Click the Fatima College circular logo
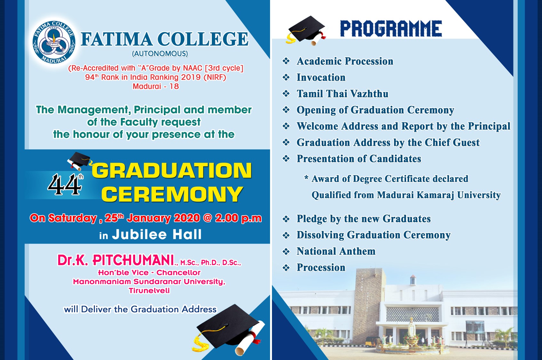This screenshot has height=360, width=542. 54,42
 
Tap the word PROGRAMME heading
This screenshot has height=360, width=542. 391,29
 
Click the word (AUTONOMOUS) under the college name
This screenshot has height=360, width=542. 160,53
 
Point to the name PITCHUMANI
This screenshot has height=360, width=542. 133,260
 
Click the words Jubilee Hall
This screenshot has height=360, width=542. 157,234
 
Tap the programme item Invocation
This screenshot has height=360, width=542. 321,78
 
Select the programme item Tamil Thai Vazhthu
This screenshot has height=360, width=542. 342,94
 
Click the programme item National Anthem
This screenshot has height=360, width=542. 336,252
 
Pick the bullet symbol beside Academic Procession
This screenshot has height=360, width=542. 286,61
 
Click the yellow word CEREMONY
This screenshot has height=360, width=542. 172,194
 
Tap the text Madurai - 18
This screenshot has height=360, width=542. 156,86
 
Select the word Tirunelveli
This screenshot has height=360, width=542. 149,291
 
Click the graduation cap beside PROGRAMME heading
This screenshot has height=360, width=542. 306,30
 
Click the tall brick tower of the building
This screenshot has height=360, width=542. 370,306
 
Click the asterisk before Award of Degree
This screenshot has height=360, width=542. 306,178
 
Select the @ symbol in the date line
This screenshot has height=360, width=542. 208,218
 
